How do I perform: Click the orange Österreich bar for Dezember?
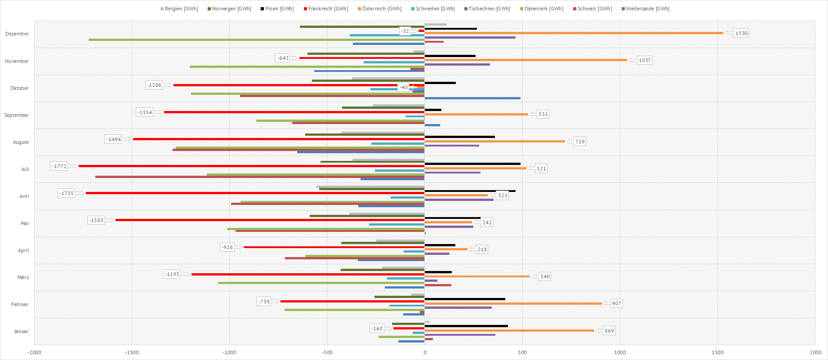pyautogui.click(x=574, y=33)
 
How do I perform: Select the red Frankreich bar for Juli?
pyautogui.click(x=252, y=166)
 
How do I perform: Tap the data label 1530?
pyautogui.click(x=741, y=33)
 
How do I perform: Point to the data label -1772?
pyautogui.click(x=59, y=166)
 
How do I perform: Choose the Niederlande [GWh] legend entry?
pyautogui.click(x=647, y=9)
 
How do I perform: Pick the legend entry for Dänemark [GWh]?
pyautogui.click(x=543, y=9)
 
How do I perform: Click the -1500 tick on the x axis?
pyautogui.click(x=132, y=352)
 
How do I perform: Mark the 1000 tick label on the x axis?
pyautogui.click(x=620, y=352)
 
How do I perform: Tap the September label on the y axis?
pyautogui.click(x=17, y=115)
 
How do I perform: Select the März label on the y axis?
pyautogui.click(x=23, y=277)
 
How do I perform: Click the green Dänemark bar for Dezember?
pyautogui.click(x=256, y=40)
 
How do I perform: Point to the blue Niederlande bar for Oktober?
pyautogui.click(x=472, y=98)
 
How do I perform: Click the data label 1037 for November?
pyautogui.click(x=645, y=60)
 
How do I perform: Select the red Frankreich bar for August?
pyautogui.click(x=279, y=139)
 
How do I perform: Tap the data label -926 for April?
pyautogui.click(x=227, y=247)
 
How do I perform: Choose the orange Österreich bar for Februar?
pyautogui.click(x=513, y=303)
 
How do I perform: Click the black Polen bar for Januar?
pyautogui.click(x=466, y=326)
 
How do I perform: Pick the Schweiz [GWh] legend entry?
pyautogui.click(x=594, y=9)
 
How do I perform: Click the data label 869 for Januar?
pyautogui.click(x=609, y=331)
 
